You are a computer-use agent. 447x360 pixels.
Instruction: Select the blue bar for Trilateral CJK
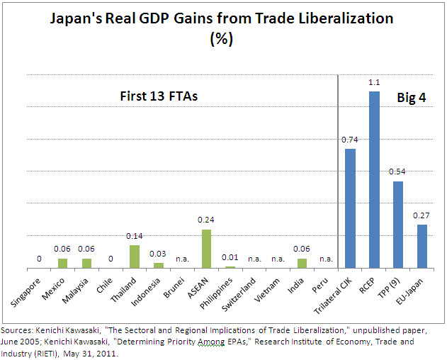coord(350,209)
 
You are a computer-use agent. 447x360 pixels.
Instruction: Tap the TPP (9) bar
coord(398,225)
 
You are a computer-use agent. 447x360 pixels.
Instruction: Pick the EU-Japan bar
coord(422,247)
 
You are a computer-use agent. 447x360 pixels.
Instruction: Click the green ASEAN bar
coord(206,249)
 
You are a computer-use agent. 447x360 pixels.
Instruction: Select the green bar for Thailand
coord(134,257)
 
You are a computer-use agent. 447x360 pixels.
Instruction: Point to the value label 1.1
coord(374,83)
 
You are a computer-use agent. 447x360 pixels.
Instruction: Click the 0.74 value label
coord(350,140)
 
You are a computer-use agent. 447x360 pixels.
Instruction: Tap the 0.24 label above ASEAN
coord(206,220)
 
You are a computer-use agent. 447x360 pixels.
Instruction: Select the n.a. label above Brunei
coord(182,259)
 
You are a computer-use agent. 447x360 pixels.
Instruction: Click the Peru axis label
coord(322,281)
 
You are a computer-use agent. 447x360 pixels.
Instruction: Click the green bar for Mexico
coord(62,264)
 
